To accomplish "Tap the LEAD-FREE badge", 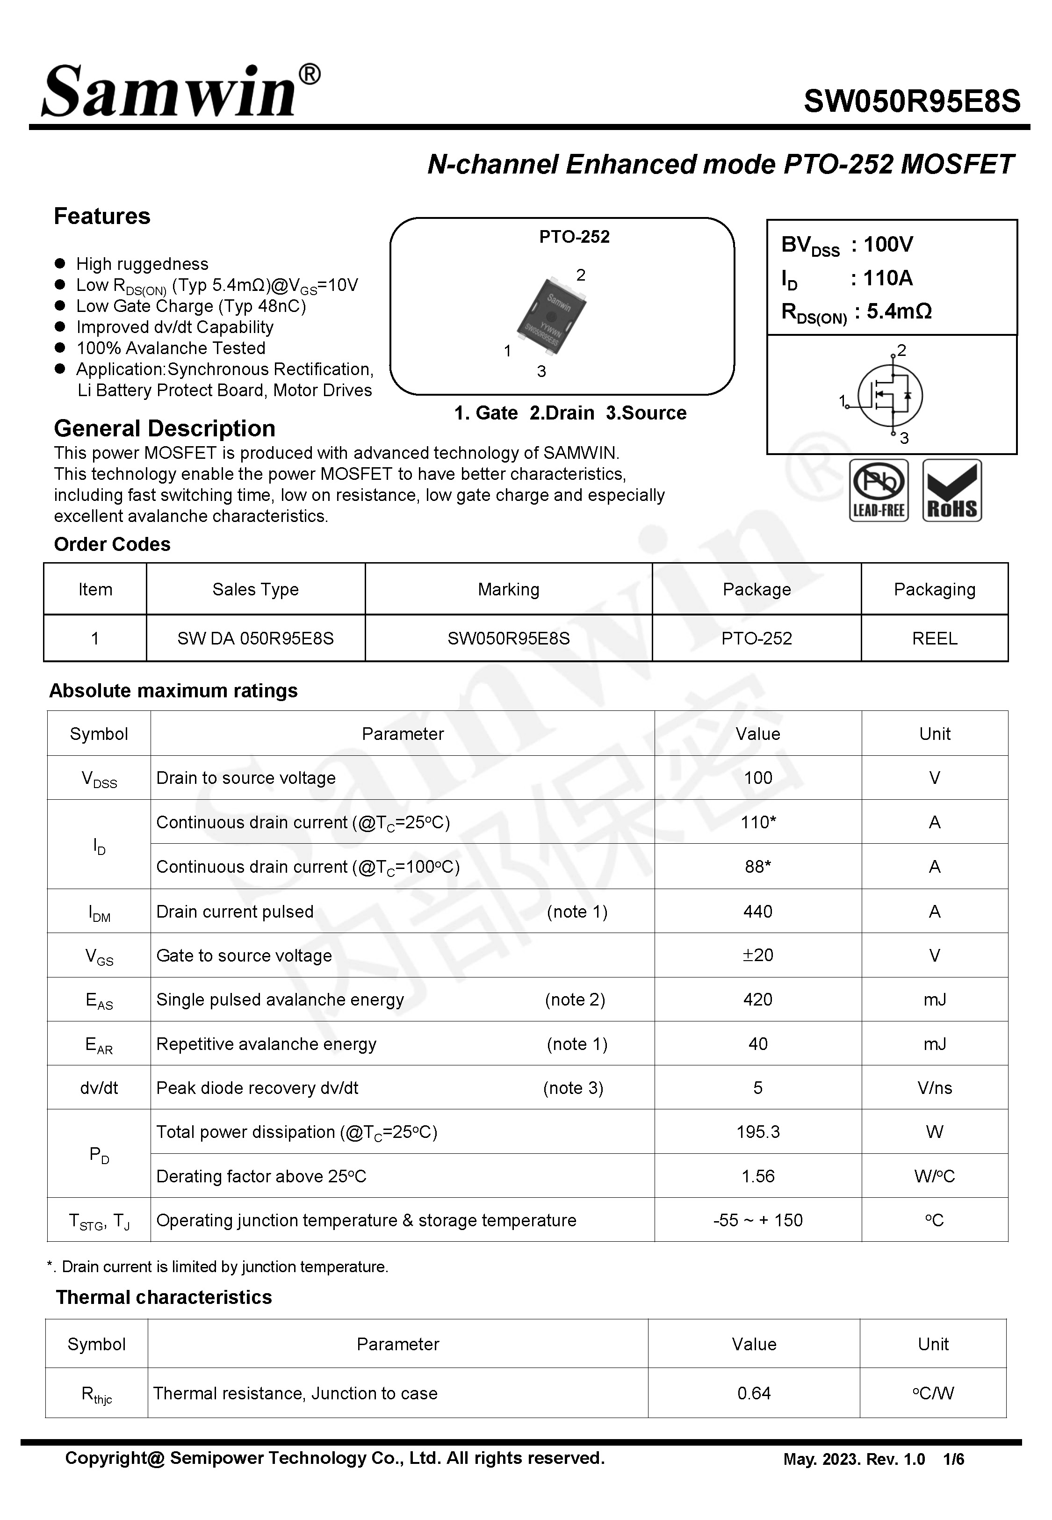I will [x=878, y=491].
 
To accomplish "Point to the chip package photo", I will [x=551, y=315].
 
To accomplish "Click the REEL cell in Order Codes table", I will [x=934, y=638].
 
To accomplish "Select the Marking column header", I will [x=508, y=589].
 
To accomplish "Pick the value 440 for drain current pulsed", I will [x=757, y=912].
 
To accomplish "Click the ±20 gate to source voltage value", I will [x=757, y=955].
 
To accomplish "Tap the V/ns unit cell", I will [x=934, y=1087].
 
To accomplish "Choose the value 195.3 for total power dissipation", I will [x=757, y=1132].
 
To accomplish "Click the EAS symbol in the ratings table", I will [x=99, y=1000].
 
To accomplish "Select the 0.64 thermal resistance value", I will [x=753, y=1393].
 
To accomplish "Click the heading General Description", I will [x=164, y=428].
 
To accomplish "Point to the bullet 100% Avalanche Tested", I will [x=171, y=348].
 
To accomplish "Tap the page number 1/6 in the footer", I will [x=953, y=1459].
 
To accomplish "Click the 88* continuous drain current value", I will [x=757, y=867].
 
